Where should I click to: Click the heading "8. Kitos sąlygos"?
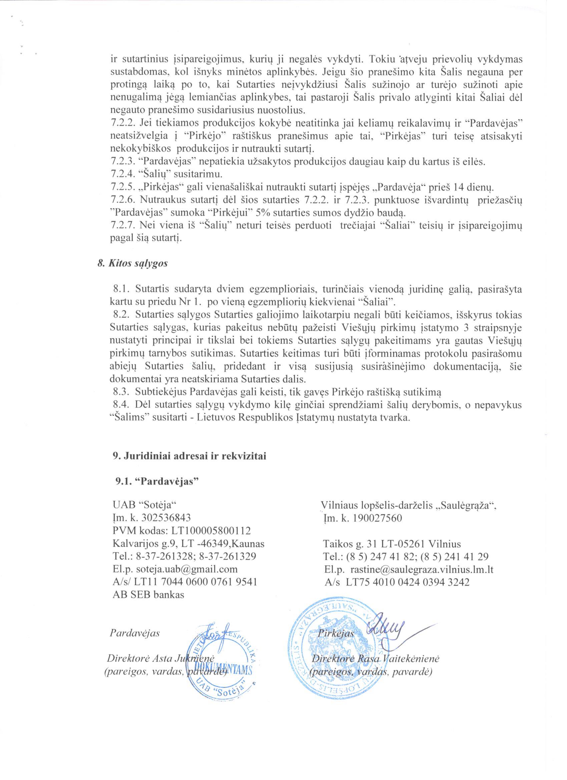pyautogui.click(x=132, y=264)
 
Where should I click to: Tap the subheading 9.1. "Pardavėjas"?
pyautogui.click(x=157, y=481)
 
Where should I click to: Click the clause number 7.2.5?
pyautogui.click(x=123, y=188)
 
